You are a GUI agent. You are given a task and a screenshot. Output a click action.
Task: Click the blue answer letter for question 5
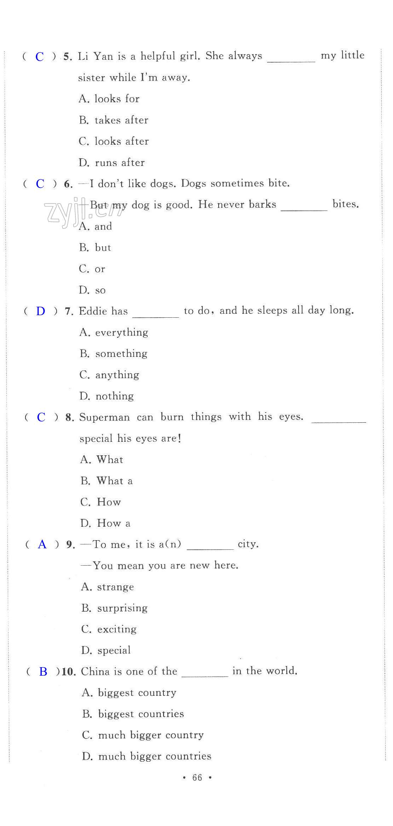[x=40, y=57]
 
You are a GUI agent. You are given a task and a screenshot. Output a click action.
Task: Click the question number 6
[x=68, y=184]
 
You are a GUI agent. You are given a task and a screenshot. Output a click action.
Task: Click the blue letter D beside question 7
[x=41, y=311]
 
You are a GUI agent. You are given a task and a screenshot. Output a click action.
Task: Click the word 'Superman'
[x=104, y=417]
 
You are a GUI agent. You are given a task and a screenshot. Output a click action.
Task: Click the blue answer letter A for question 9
[x=42, y=544]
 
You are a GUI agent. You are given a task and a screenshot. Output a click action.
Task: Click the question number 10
[x=69, y=672]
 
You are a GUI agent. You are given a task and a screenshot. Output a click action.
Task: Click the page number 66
[x=197, y=778]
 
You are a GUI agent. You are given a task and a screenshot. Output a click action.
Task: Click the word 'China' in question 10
[x=95, y=671]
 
